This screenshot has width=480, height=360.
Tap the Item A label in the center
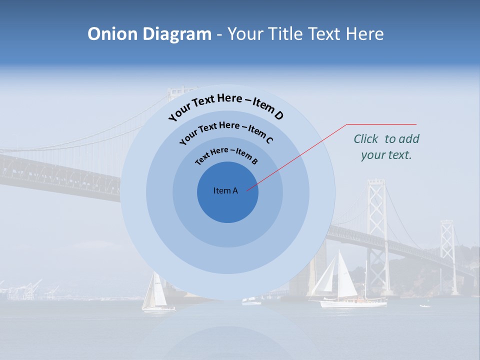click(x=225, y=190)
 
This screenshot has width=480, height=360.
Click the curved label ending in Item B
click(x=226, y=155)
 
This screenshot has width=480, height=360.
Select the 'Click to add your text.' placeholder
click(x=386, y=146)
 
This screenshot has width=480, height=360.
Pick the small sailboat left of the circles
click(x=154, y=295)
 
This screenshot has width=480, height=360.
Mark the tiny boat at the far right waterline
click(x=425, y=305)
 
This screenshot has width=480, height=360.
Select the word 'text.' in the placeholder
click(x=400, y=155)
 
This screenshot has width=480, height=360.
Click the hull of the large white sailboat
click(x=353, y=303)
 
